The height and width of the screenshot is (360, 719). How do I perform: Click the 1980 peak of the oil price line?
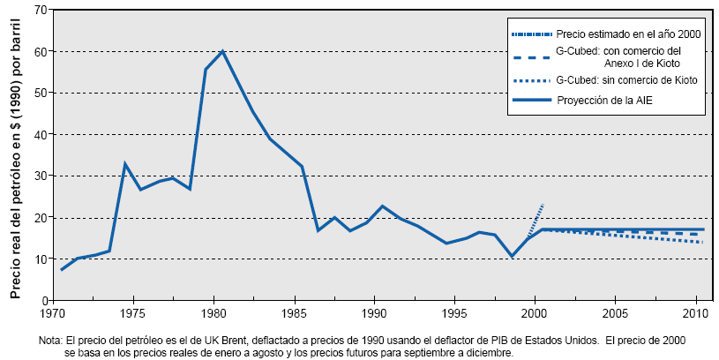pyautogui.click(x=222, y=50)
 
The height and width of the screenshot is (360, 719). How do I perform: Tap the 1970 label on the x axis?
pyautogui.click(x=53, y=313)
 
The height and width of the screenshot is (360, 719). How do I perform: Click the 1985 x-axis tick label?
pyautogui.click(x=294, y=313)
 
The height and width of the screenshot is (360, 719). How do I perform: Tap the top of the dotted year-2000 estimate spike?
pyautogui.click(x=543, y=205)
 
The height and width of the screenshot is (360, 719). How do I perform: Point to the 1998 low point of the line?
pyautogui.click(x=512, y=256)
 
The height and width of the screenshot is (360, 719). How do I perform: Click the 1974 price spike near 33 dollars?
pyautogui.click(x=125, y=163)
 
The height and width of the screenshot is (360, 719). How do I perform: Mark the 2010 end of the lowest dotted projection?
pyautogui.click(x=702, y=243)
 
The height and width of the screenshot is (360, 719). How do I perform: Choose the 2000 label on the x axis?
pyautogui.click(x=535, y=313)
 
